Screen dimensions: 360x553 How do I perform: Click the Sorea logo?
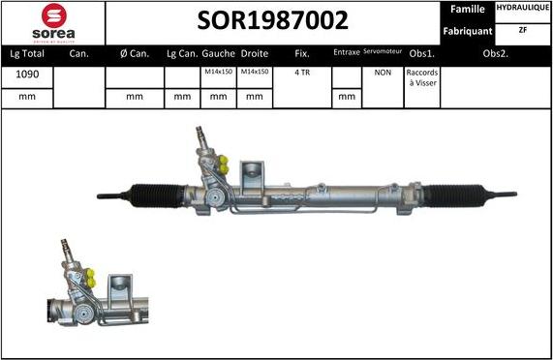pos(52,22)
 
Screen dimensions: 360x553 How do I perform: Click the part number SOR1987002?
pos(273,20)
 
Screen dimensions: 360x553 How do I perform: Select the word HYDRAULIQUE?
pos(523,8)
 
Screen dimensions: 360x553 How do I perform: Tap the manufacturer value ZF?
pos(523,30)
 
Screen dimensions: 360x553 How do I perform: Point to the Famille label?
pos(469,9)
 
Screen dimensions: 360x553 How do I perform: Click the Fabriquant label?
pos(469,31)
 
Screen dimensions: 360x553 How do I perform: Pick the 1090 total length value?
pos(26,73)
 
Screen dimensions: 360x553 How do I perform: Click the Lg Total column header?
pos(26,53)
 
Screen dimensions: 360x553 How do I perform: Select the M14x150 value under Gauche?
pos(217,73)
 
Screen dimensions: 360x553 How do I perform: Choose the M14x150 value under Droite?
pos(254,73)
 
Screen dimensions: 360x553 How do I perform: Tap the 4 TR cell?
pos(302,73)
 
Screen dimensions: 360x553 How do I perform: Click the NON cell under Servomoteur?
pos(383,73)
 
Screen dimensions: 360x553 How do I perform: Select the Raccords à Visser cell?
pos(421,77)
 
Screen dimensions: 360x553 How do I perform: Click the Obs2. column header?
pos(496,53)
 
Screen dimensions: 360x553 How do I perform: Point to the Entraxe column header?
pos(346,52)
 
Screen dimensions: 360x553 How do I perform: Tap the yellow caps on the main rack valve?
pos(223,165)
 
